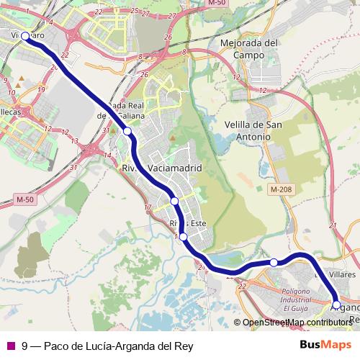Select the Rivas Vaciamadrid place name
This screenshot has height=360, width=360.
pos(163,168)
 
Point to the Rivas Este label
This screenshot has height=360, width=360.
pos(188,223)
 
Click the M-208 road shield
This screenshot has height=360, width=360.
pos(282,189)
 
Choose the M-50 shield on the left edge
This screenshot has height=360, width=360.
pos(25,199)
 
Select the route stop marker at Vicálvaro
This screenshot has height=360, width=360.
pos(25,36)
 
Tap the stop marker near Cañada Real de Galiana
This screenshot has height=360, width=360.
pos(127,131)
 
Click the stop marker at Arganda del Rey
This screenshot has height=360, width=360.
pos(336,305)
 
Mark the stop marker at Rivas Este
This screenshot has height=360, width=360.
pos(184,237)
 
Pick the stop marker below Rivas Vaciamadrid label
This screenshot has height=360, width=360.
pos(174,200)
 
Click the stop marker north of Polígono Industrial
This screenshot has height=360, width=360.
pos(274,262)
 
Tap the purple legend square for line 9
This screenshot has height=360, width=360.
pos(10,346)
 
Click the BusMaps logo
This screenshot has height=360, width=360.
pos(323,346)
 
